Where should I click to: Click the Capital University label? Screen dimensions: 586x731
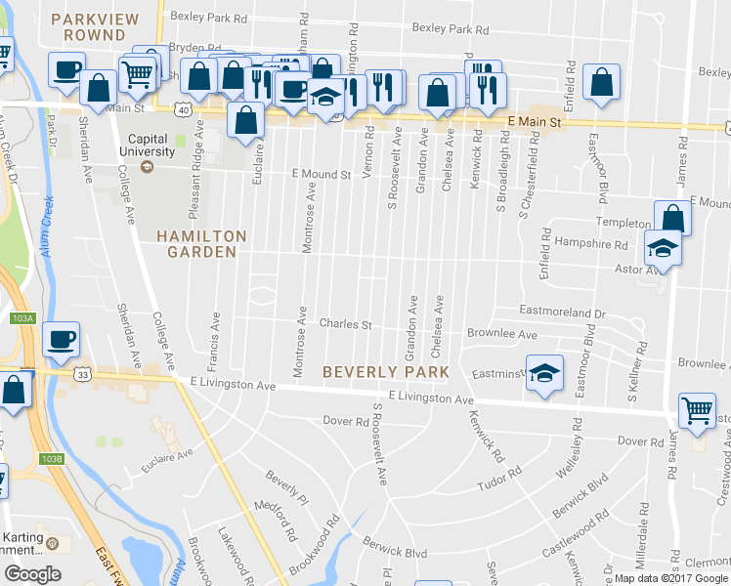click(x=148, y=144)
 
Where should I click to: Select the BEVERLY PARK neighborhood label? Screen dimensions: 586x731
click(x=386, y=372)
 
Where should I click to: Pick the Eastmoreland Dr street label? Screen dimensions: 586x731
click(x=563, y=313)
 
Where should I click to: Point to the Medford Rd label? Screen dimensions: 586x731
click(x=276, y=522)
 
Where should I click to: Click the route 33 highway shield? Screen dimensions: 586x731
click(x=84, y=374)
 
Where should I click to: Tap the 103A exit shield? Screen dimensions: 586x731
click(x=22, y=318)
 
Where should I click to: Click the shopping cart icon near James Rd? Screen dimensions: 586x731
click(x=697, y=410)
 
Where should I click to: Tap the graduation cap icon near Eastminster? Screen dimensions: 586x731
click(x=544, y=371)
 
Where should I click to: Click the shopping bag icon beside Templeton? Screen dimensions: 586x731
click(x=671, y=218)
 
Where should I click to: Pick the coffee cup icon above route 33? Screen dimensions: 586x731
click(x=61, y=338)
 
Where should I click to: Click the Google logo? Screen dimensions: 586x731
click(x=32, y=573)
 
